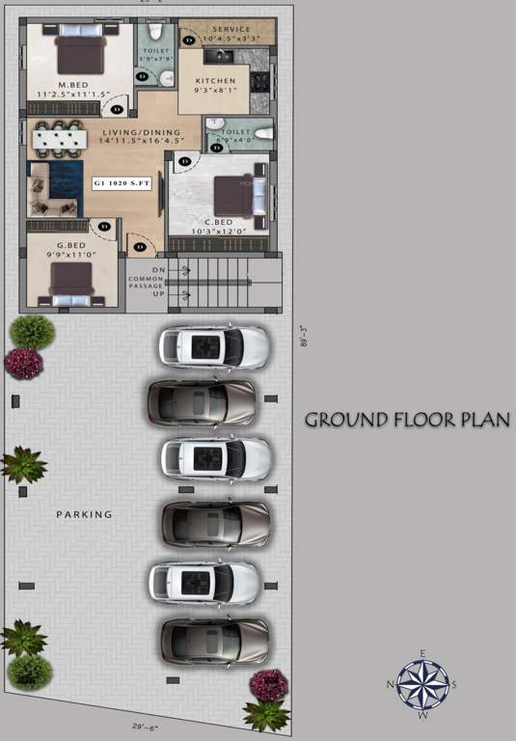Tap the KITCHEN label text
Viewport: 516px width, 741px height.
click(x=214, y=81)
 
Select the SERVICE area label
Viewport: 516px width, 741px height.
click(x=231, y=30)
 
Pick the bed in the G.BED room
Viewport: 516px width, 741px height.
click(x=70, y=282)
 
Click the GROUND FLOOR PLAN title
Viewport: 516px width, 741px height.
click(x=407, y=420)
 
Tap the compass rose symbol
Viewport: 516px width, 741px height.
click(x=422, y=685)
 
